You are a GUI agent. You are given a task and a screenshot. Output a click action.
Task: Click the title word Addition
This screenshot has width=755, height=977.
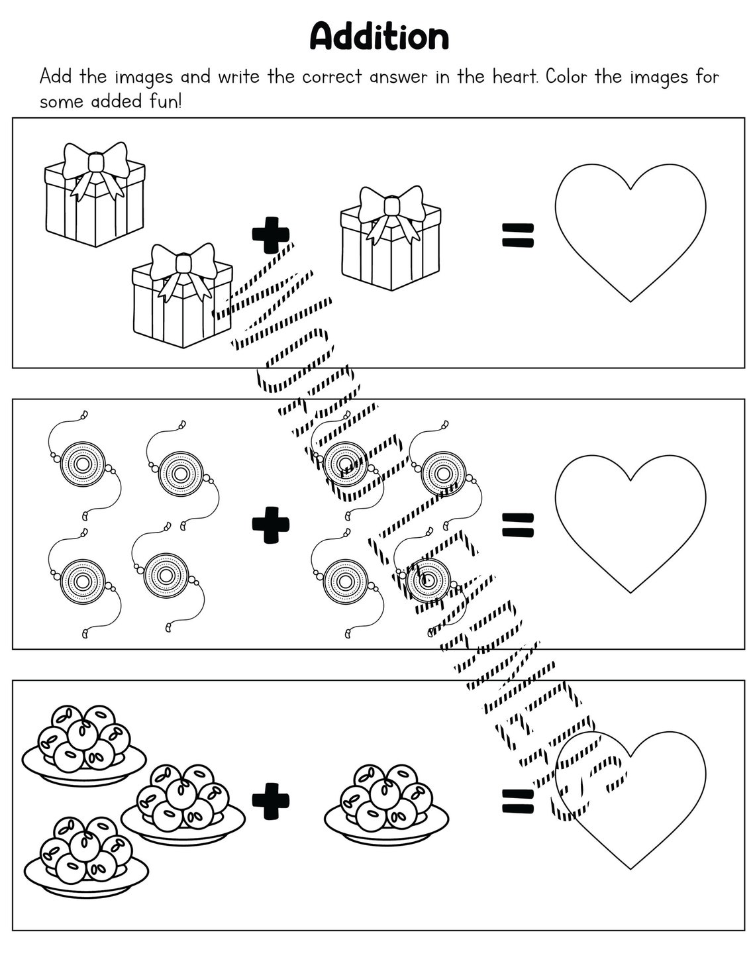coord(379,36)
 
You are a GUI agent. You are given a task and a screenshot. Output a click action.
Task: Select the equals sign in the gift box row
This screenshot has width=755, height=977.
coord(517,236)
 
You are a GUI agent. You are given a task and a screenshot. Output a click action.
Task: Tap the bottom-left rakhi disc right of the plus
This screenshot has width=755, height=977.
coord(344,581)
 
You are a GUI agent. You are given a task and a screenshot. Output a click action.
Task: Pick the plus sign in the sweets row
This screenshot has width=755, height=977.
coord(270,801)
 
